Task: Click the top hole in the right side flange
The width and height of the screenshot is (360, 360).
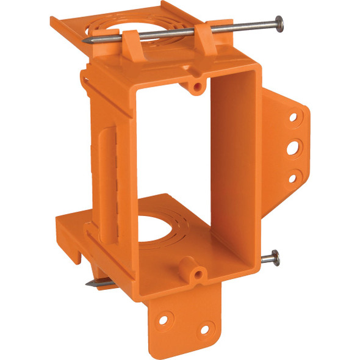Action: [x=293, y=115]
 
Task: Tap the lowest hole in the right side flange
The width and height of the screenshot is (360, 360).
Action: [x=292, y=178]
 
